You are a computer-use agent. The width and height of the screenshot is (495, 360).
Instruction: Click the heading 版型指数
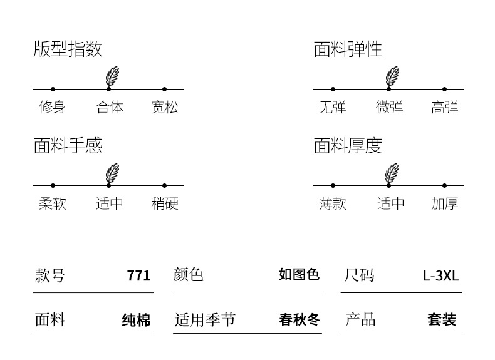(x=68, y=49)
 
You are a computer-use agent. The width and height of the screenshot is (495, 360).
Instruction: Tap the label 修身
(x=52, y=107)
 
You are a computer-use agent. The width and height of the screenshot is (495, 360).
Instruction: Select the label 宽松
(x=164, y=107)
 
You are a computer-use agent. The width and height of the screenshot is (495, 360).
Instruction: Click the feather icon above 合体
(x=112, y=76)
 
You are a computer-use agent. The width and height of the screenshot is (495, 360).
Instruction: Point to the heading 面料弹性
(x=348, y=49)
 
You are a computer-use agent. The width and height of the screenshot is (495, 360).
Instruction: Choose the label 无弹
(x=332, y=107)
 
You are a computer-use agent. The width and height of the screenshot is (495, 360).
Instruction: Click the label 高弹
(x=444, y=107)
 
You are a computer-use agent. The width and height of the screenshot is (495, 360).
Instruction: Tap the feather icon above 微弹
(x=392, y=76)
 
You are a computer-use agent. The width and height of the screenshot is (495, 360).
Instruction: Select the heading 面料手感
(x=68, y=146)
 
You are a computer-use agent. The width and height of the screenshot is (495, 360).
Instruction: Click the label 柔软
(x=52, y=203)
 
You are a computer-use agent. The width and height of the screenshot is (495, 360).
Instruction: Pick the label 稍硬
(x=164, y=203)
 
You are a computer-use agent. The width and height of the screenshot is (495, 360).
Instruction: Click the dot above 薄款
(x=333, y=185)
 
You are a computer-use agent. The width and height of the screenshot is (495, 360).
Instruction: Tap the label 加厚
(x=444, y=203)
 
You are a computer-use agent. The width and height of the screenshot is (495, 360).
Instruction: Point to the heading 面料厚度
(x=348, y=146)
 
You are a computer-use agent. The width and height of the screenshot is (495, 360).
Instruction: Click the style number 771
(x=138, y=276)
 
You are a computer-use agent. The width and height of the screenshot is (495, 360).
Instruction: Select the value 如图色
(x=299, y=275)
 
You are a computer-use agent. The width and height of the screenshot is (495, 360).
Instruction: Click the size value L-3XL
(x=440, y=276)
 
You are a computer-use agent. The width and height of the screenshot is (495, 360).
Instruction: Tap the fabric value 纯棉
(x=136, y=321)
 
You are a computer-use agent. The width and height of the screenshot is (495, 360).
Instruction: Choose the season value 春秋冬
(x=299, y=320)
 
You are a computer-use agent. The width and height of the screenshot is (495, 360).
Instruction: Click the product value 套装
(x=442, y=320)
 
